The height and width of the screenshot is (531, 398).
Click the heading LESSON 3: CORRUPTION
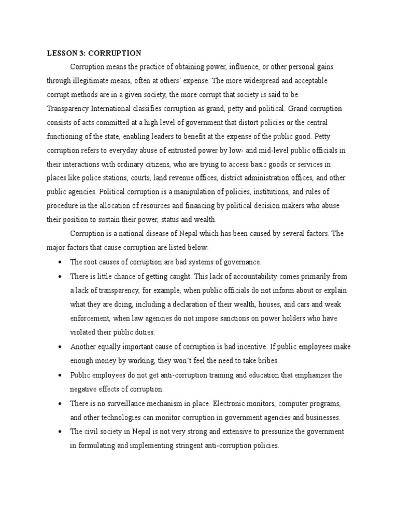pyautogui.click(x=94, y=53)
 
